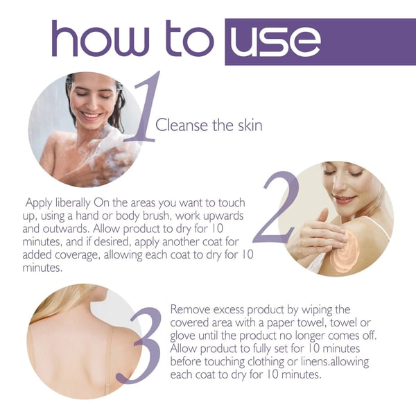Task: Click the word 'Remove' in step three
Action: tap(191, 309)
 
